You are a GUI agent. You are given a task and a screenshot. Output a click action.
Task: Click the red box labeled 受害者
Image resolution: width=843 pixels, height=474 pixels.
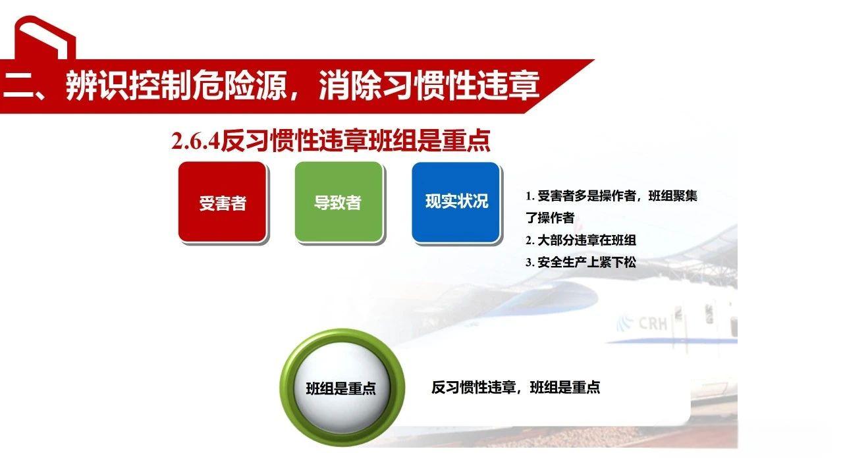pyautogui.click(x=223, y=201)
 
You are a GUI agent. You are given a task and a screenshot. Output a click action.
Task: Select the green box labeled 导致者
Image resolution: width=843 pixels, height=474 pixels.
pyautogui.click(x=339, y=201)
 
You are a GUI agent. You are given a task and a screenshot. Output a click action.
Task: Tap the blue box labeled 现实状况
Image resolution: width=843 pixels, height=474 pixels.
pyautogui.click(x=456, y=201)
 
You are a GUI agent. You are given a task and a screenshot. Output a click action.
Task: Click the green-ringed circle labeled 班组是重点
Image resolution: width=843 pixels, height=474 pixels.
pyautogui.click(x=340, y=387)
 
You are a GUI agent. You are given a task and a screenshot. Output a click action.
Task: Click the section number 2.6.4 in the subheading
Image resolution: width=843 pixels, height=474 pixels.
pyautogui.click(x=195, y=142)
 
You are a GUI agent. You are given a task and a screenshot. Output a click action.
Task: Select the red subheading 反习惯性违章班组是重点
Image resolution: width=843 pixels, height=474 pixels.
pyautogui.click(x=356, y=142)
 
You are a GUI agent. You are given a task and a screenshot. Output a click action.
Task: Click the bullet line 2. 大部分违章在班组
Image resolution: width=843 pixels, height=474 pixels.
pyautogui.click(x=580, y=240)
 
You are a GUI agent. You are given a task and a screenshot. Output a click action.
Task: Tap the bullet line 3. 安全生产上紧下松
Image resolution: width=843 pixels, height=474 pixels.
pyautogui.click(x=580, y=262)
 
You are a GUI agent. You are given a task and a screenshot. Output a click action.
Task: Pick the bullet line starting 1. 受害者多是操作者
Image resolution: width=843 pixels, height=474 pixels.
pyautogui.click(x=611, y=196)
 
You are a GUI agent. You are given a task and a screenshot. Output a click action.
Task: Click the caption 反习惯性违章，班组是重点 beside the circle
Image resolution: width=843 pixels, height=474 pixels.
pyautogui.click(x=516, y=387)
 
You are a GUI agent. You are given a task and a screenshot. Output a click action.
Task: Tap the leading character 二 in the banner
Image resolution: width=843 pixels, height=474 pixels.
pyautogui.click(x=17, y=86)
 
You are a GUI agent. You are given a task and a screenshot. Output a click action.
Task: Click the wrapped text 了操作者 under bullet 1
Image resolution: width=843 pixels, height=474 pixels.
pyautogui.click(x=550, y=218)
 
